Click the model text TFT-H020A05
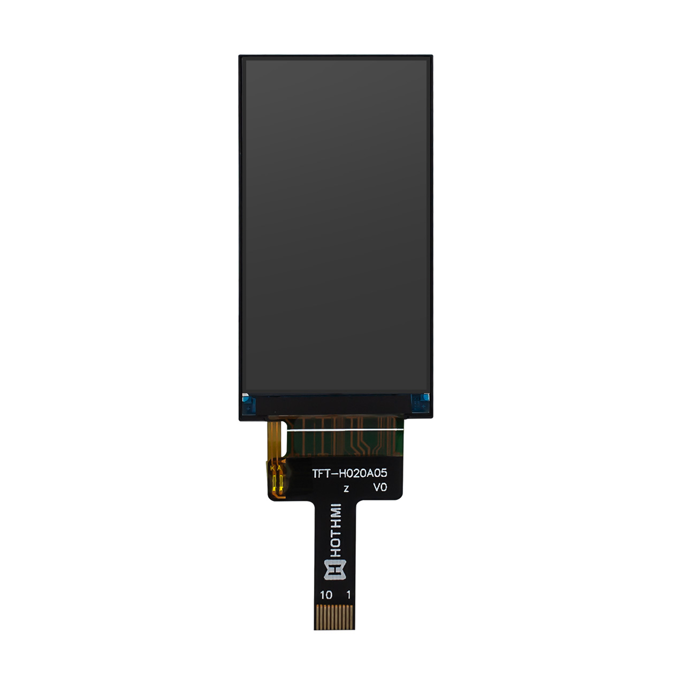(x=349, y=473)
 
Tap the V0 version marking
(x=380, y=487)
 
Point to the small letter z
(x=346, y=489)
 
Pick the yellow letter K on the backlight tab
(x=273, y=468)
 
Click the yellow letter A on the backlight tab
(x=279, y=468)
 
